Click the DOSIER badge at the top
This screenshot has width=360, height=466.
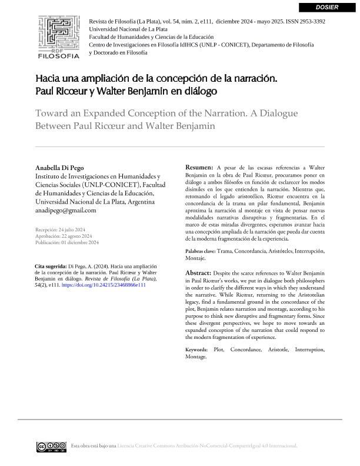tap(327, 7)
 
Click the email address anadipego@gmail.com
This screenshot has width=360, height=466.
tap(66, 210)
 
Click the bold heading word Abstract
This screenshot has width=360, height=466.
tap(198, 274)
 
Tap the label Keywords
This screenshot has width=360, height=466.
tap(196, 350)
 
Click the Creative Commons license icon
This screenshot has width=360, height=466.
tap(51, 446)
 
